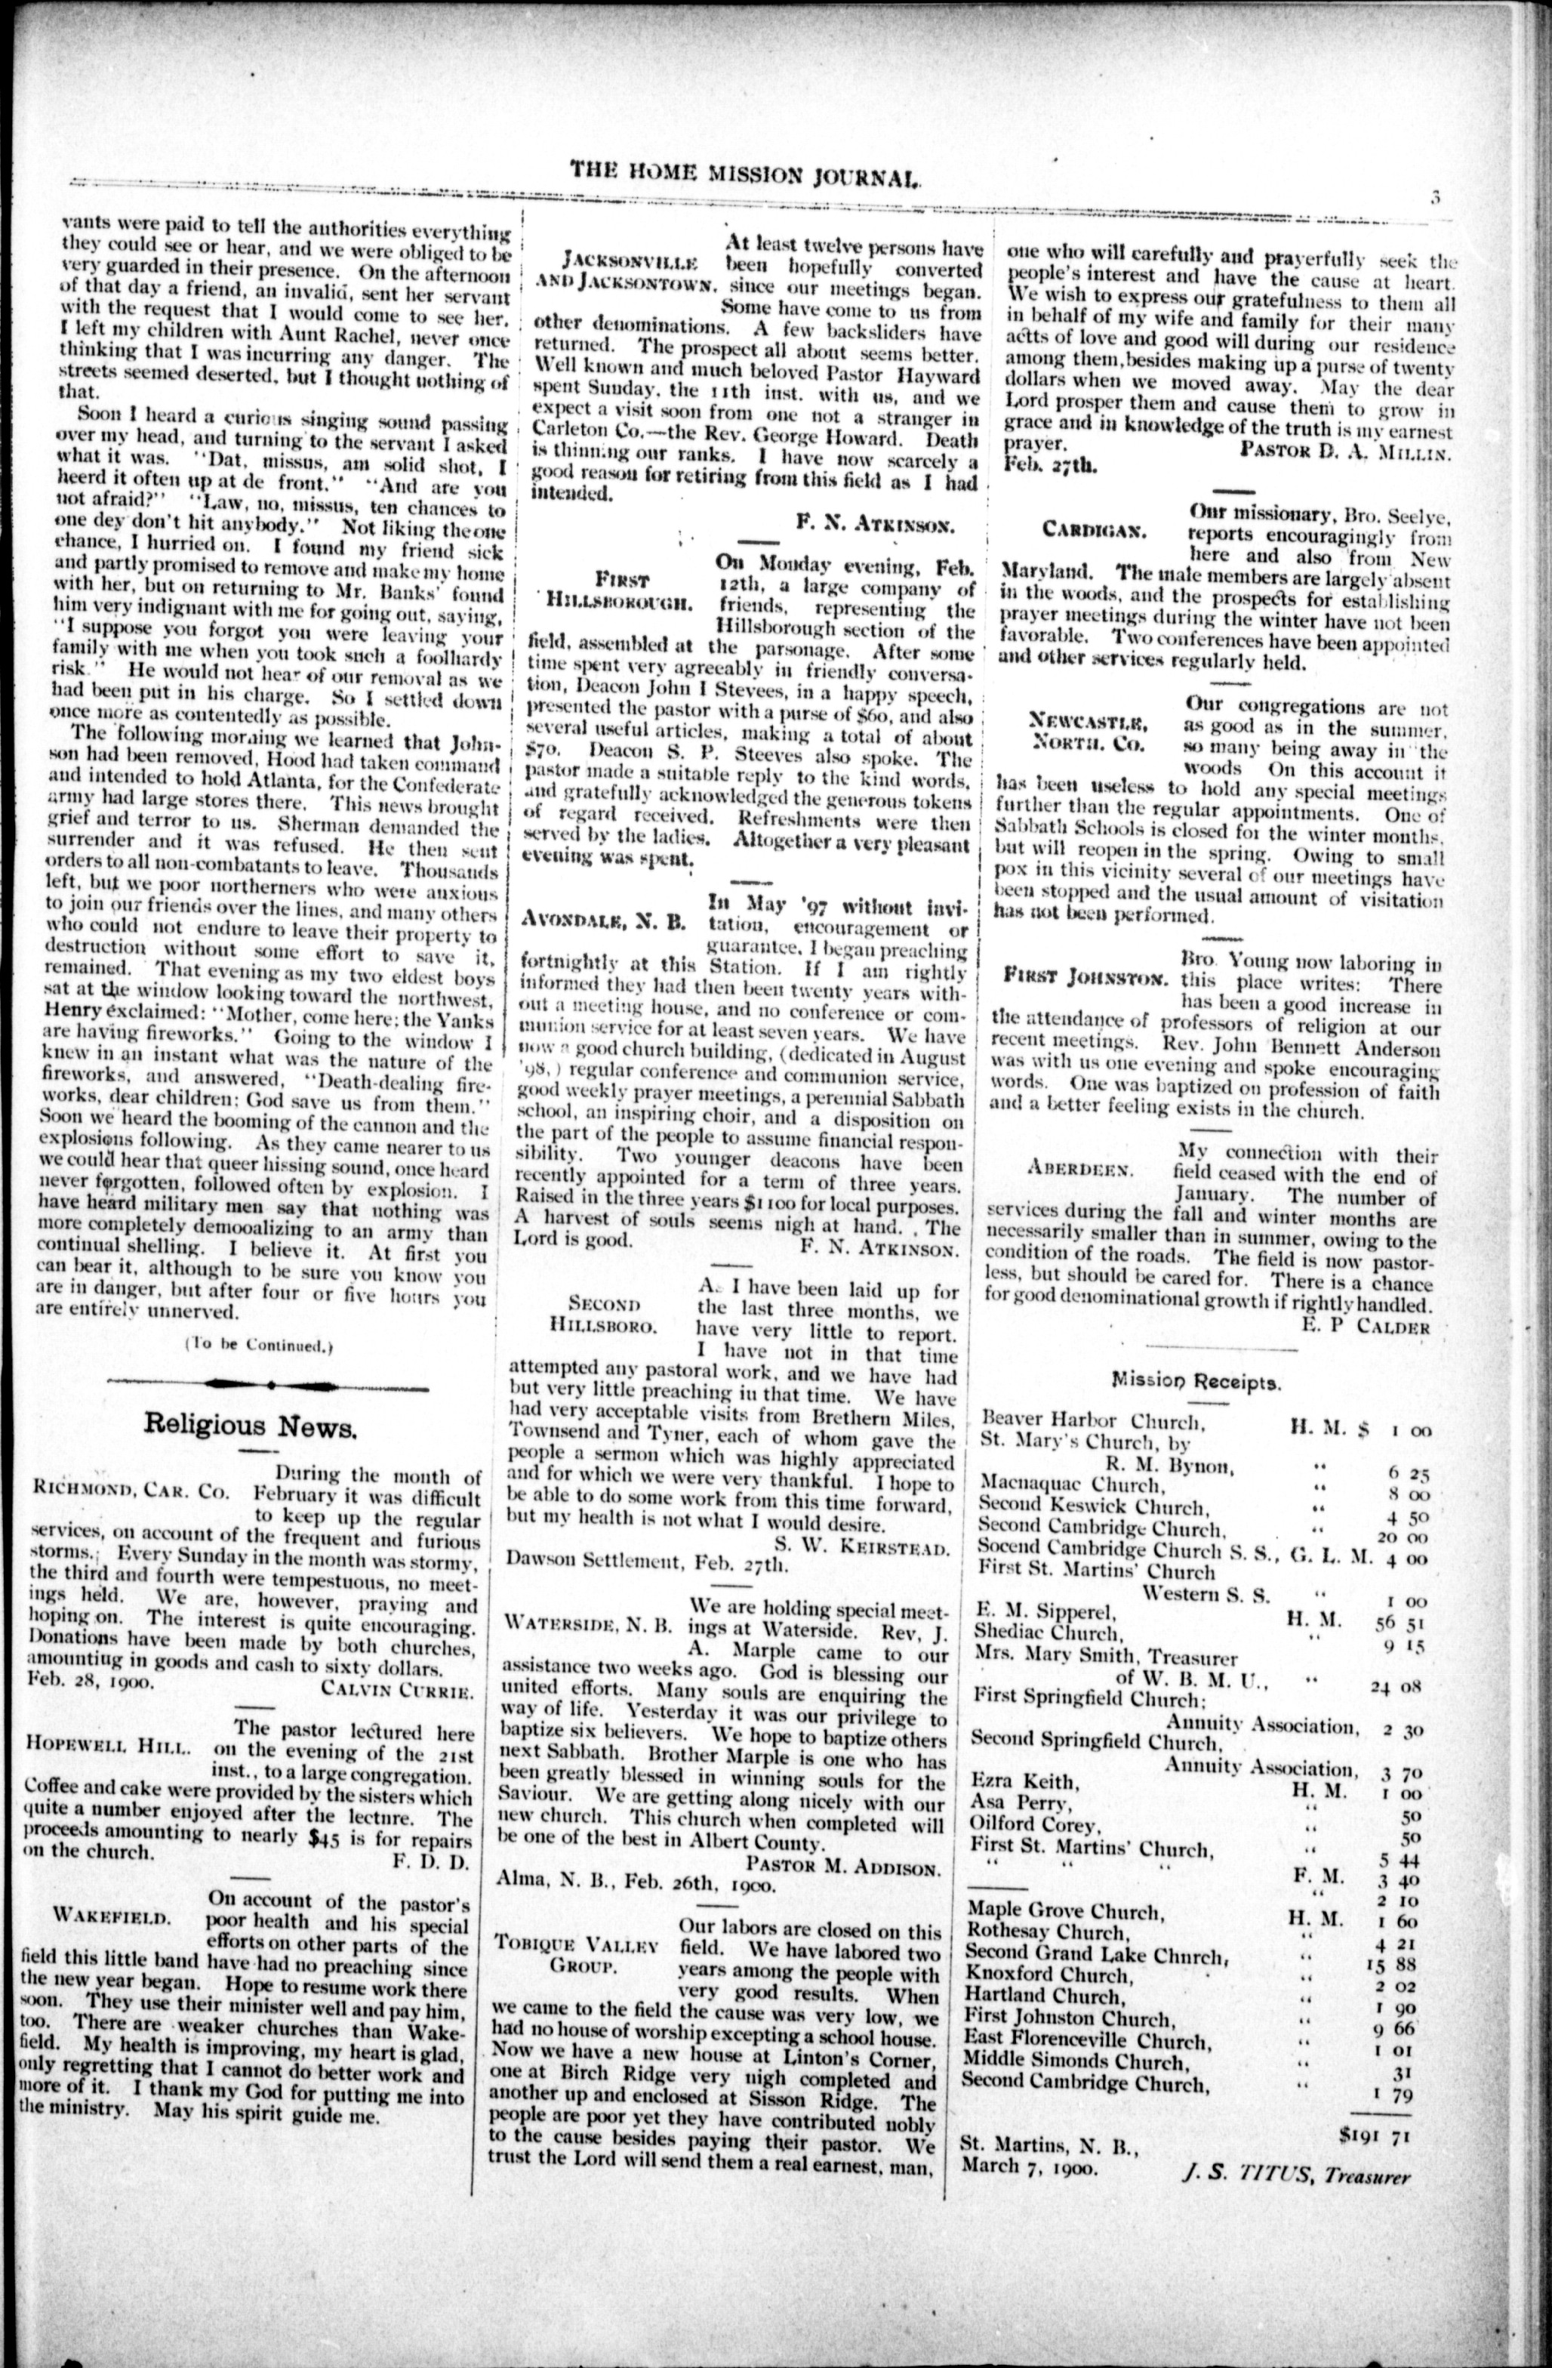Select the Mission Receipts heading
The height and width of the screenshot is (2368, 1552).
[x=1196, y=1381]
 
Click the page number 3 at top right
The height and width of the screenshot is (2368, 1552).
[x=1434, y=196]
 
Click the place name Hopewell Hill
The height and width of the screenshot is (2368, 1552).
[x=109, y=1747]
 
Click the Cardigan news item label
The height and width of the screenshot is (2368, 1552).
[x=1092, y=529]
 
